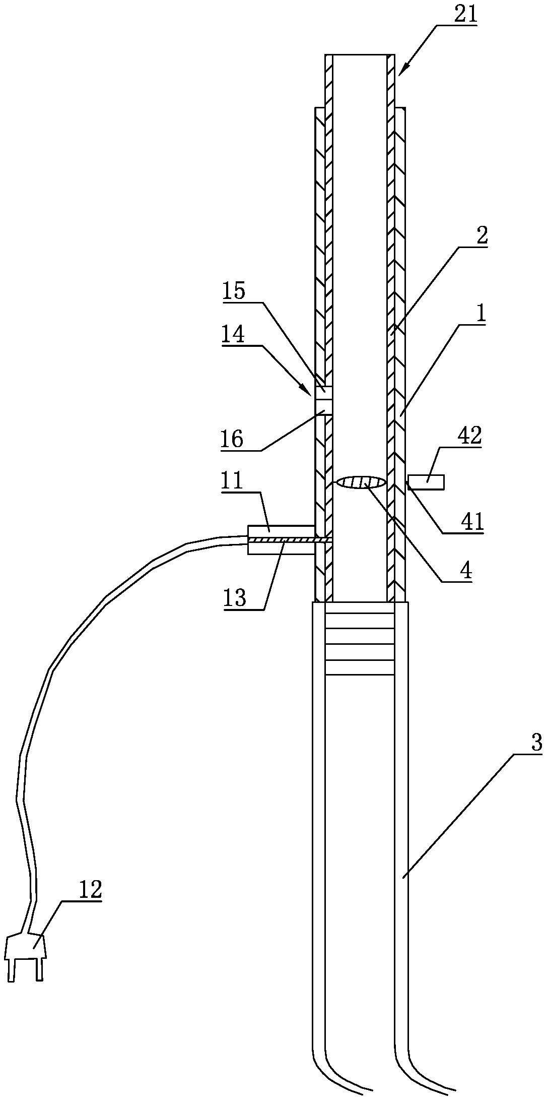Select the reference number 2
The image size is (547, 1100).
482,236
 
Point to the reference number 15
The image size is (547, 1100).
234,292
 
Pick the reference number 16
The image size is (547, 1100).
231,439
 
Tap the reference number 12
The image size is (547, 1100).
90,890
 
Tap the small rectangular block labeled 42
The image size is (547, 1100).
426,482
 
